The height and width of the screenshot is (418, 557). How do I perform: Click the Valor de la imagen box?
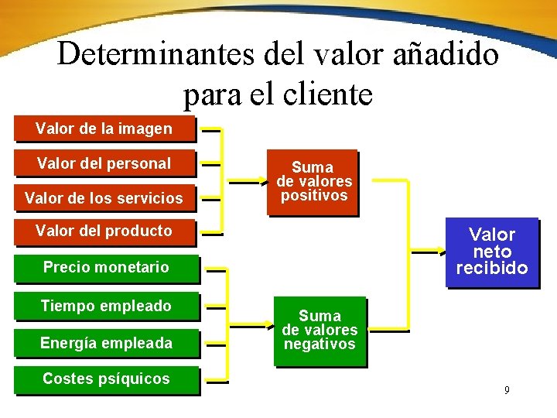(104, 128)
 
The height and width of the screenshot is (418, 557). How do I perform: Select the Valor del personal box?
(104, 163)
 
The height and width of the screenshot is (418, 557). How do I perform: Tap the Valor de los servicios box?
(104, 198)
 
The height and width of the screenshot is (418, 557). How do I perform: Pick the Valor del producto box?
(104, 231)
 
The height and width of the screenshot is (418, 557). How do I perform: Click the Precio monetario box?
(106, 268)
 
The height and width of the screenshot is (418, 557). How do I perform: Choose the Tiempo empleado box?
(106, 306)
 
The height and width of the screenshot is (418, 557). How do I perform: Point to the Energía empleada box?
(106, 343)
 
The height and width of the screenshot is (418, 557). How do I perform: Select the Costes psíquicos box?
(106, 379)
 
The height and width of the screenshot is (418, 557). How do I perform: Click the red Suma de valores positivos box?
(313, 181)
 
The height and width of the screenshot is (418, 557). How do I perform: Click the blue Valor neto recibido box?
(492, 252)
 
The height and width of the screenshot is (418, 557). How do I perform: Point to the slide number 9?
(507, 390)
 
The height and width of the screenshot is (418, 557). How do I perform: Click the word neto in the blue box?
(492, 252)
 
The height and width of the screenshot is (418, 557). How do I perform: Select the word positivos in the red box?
(313, 196)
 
